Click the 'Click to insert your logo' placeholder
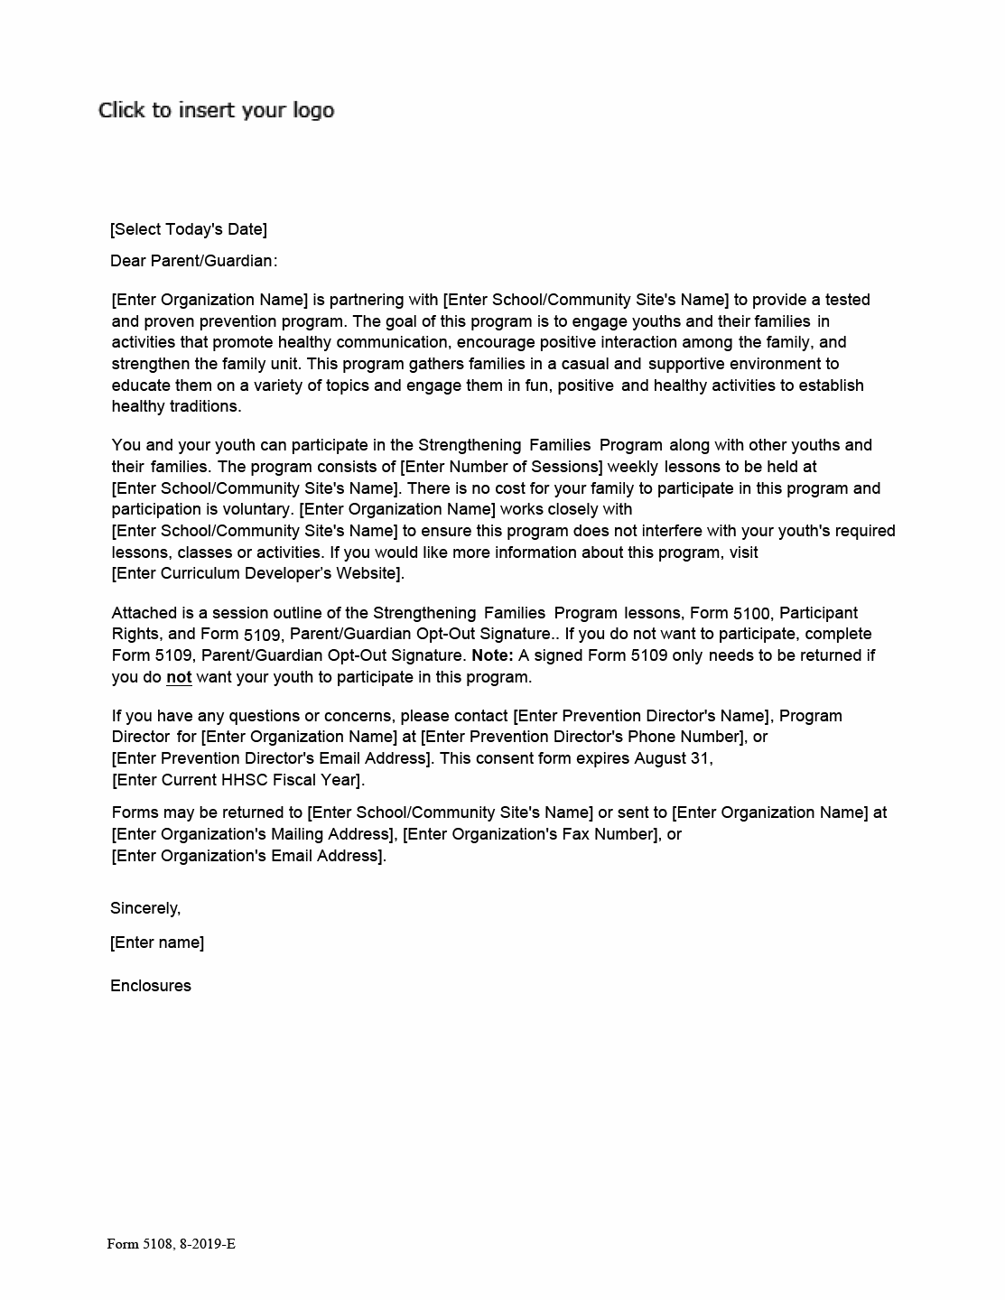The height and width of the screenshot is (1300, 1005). tap(216, 110)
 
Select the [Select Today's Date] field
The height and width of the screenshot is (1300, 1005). tap(188, 229)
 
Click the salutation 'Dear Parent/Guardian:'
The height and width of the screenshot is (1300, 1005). tap(193, 261)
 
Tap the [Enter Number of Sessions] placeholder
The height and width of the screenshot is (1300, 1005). tap(502, 467)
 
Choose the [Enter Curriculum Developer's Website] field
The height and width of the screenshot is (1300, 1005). tap(257, 573)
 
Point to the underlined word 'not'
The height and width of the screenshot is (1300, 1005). tap(179, 677)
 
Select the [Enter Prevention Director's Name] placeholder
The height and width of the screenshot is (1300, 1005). tap(641, 716)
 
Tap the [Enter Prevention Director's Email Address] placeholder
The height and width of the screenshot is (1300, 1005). tap(272, 758)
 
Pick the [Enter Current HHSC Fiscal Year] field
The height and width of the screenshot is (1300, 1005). tap(237, 780)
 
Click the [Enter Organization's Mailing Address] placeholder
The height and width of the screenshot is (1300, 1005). tap(254, 834)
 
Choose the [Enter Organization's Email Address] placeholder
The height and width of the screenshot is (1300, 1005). tap(248, 856)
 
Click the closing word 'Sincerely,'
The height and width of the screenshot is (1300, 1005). tap(145, 908)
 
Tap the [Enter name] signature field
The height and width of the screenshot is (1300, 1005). tap(157, 942)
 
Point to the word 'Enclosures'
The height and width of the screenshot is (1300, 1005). tap(151, 986)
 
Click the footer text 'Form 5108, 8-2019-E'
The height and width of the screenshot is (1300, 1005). tap(171, 1244)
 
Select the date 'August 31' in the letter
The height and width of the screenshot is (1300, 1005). tap(673, 758)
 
